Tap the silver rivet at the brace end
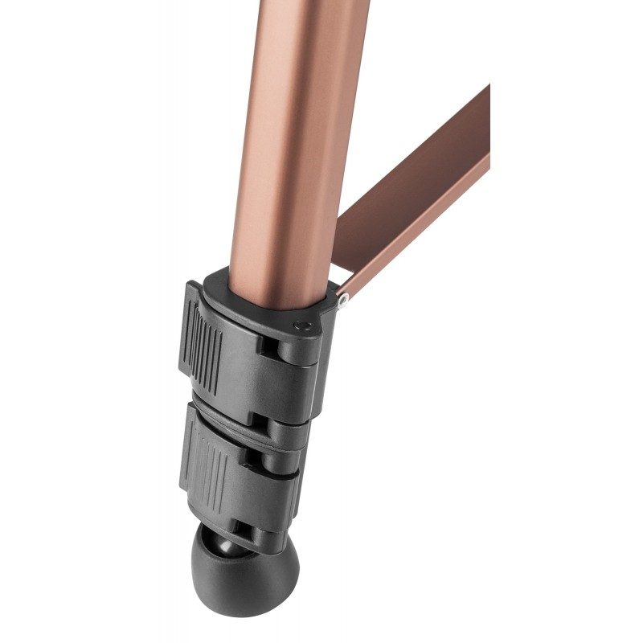click(x=343, y=300)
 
